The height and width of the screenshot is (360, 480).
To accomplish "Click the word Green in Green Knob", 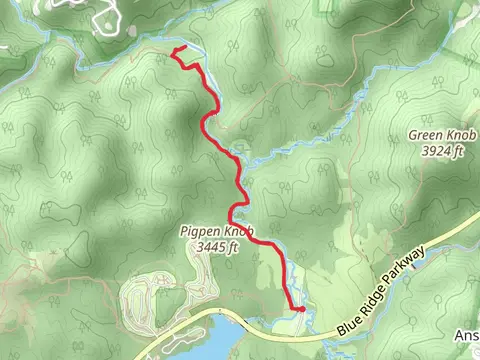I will (426, 135).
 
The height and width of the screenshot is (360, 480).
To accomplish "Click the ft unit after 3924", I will (459, 151).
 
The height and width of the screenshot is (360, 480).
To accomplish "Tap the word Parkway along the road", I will (410, 269).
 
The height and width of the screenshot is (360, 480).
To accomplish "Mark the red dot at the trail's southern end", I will (299, 309).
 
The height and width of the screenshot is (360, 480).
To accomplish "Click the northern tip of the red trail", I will (176, 50).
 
